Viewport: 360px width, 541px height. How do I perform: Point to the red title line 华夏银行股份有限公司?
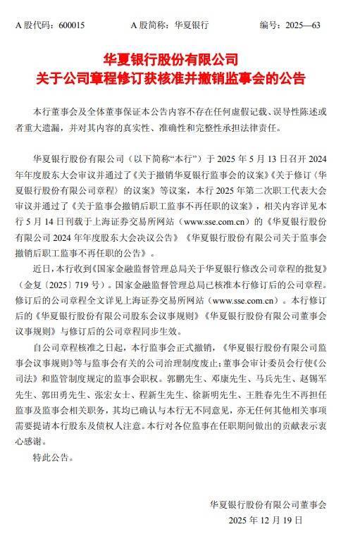[180, 59]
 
